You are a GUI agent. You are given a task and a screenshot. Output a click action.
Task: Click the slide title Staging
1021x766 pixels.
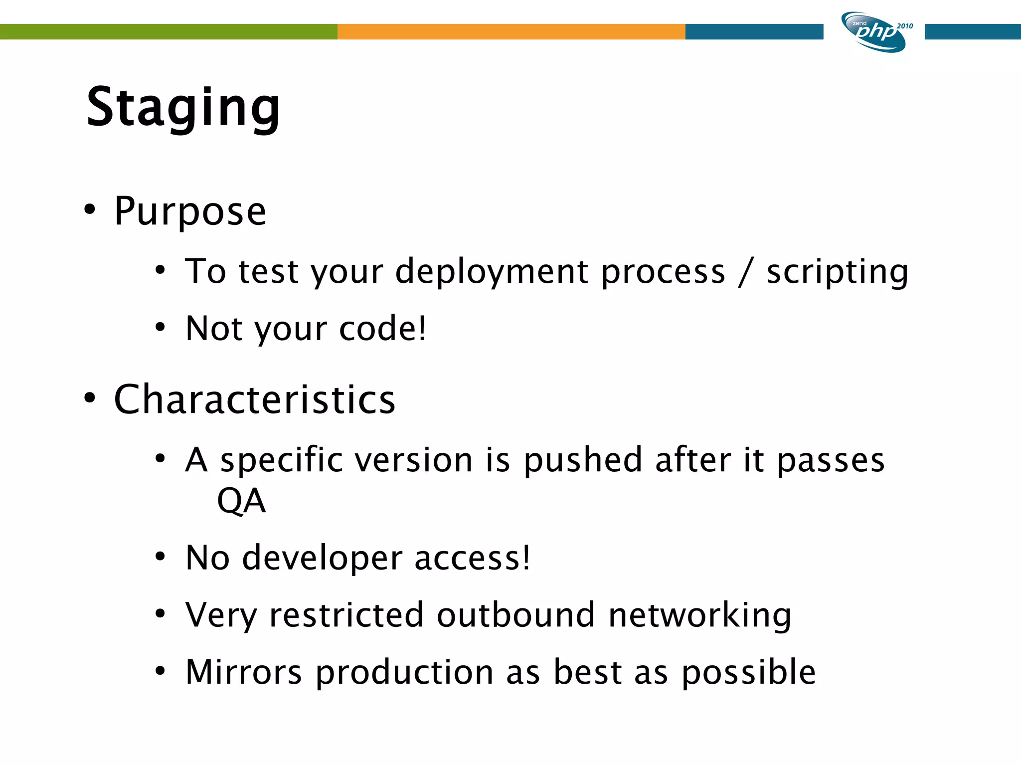pyautogui.click(x=183, y=108)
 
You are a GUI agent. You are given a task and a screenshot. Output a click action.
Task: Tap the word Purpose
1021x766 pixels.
pyautogui.click(x=190, y=211)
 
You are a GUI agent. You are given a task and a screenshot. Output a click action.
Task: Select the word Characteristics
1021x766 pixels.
pyautogui.click(x=254, y=399)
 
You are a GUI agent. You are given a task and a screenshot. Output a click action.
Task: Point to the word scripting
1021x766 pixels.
pyautogui.click(x=837, y=272)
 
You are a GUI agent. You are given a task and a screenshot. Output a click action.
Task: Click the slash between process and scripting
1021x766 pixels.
pyautogui.click(x=745, y=272)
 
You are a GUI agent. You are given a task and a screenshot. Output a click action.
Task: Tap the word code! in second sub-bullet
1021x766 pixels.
pyautogui.click(x=382, y=329)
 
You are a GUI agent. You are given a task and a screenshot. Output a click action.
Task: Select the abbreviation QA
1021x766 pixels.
pyautogui.click(x=241, y=501)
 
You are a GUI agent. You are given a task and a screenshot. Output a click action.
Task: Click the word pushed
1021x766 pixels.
pyautogui.click(x=583, y=460)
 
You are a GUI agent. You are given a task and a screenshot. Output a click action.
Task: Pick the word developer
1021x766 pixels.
pyautogui.click(x=322, y=558)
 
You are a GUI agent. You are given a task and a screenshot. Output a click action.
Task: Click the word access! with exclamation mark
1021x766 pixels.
pyautogui.click(x=472, y=558)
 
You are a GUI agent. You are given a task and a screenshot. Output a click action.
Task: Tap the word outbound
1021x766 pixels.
pyautogui.click(x=515, y=615)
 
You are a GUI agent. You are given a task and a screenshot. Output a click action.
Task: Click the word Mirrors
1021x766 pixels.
pyautogui.click(x=244, y=672)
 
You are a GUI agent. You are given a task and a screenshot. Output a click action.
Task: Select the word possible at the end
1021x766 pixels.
pyautogui.click(x=748, y=673)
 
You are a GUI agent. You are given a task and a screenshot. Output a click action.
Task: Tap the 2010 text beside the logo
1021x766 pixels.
pyautogui.click(x=905, y=26)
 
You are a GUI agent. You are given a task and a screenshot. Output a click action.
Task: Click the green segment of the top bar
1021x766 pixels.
pyautogui.click(x=169, y=31)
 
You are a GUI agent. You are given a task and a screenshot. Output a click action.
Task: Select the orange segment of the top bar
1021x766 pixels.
pyautogui.click(x=511, y=31)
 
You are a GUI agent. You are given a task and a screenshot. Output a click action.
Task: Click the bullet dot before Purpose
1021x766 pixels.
pyautogui.click(x=89, y=209)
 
